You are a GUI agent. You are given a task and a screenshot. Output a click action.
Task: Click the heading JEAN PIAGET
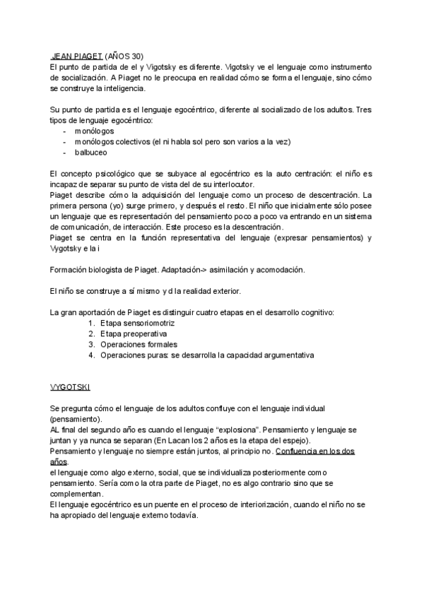(x=77, y=56)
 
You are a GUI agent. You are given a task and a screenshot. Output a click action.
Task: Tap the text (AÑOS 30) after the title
(x=124, y=56)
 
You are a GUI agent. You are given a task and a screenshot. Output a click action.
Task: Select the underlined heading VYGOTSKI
(x=70, y=388)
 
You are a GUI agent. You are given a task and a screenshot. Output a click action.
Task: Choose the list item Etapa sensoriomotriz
(x=137, y=323)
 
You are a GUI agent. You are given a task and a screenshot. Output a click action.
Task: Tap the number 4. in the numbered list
(x=91, y=355)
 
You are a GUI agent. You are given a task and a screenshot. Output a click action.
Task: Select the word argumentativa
(x=286, y=355)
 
